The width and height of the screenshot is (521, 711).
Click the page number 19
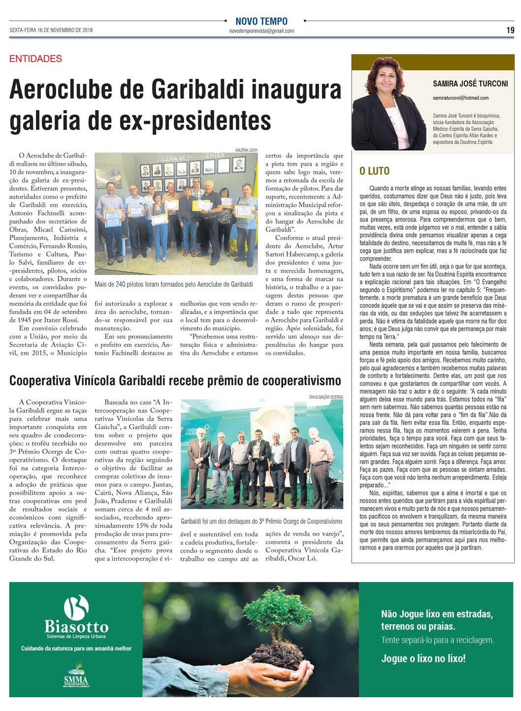click(510, 30)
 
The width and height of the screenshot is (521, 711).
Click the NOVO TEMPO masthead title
click(261, 21)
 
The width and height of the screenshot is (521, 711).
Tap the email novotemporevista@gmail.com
click(261, 31)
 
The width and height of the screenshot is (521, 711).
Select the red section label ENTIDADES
click(35, 59)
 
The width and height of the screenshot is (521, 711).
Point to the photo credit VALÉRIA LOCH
click(246, 150)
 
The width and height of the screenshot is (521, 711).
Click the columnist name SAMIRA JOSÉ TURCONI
click(470, 84)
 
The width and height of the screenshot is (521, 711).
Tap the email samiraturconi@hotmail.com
click(460, 98)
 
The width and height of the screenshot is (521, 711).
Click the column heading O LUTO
click(374, 171)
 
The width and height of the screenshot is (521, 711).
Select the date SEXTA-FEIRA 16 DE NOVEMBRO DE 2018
click(51, 30)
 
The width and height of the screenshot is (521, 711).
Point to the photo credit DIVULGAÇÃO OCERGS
click(326, 396)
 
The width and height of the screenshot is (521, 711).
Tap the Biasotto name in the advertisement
click(76, 627)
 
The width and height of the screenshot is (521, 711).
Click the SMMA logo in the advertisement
click(76, 677)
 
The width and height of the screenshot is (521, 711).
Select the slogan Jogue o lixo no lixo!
click(423, 658)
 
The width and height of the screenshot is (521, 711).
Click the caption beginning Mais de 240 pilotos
click(174, 284)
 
